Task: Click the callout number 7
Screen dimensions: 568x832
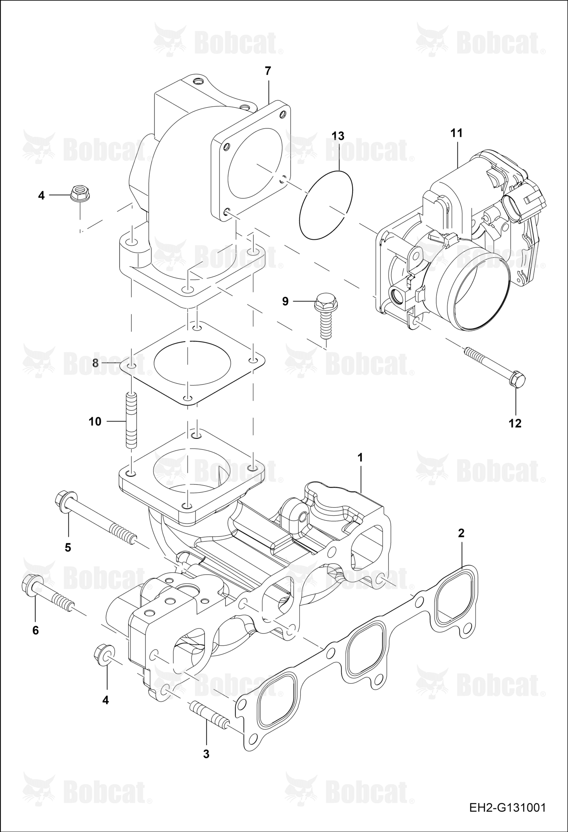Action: click(268, 71)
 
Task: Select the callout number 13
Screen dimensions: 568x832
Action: click(338, 136)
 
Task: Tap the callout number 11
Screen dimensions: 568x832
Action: click(457, 133)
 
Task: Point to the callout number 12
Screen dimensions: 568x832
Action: click(515, 423)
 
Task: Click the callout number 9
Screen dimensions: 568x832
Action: click(285, 301)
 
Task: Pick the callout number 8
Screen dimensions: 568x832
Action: click(95, 363)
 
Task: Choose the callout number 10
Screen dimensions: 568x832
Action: click(95, 421)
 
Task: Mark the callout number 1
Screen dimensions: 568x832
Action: click(360, 458)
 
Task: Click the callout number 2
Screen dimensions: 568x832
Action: click(461, 533)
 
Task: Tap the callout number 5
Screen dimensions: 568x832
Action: click(68, 548)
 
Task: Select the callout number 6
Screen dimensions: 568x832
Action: click(35, 630)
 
